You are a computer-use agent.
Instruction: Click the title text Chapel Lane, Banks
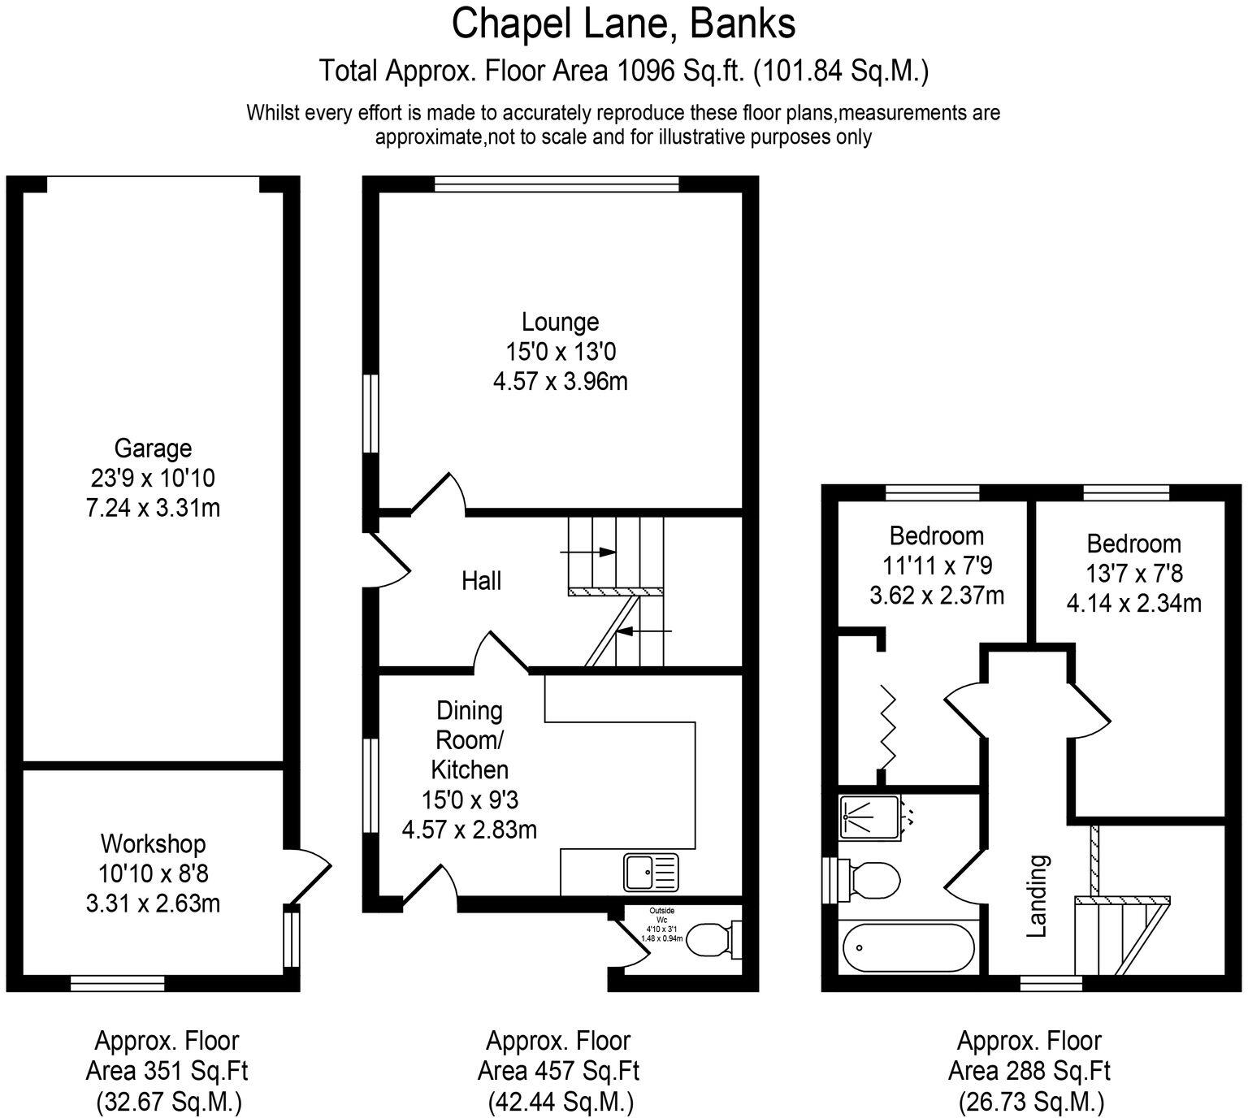[x=623, y=24]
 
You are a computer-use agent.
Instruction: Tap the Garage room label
[x=153, y=448]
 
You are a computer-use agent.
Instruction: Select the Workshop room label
[x=153, y=843]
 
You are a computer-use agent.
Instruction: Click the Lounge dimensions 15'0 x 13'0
[x=560, y=352]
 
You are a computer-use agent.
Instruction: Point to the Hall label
[x=481, y=581]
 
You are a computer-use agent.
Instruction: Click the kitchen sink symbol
[x=651, y=872]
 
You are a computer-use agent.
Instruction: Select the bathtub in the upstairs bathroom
[x=908, y=947]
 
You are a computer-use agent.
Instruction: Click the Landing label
[x=1036, y=896]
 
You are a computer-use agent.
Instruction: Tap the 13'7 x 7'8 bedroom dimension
[x=1134, y=574]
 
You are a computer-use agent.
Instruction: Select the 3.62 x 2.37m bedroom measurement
[x=937, y=596]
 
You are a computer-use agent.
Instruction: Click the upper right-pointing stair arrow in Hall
[x=587, y=552]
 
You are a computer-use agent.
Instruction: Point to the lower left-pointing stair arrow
[x=644, y=630]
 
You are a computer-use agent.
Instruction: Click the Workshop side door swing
[x=311, y=875]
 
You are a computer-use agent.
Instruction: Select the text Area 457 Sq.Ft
[x=558, y=1071]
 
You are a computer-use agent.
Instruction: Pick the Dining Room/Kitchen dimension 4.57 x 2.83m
[x=470, y=830]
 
